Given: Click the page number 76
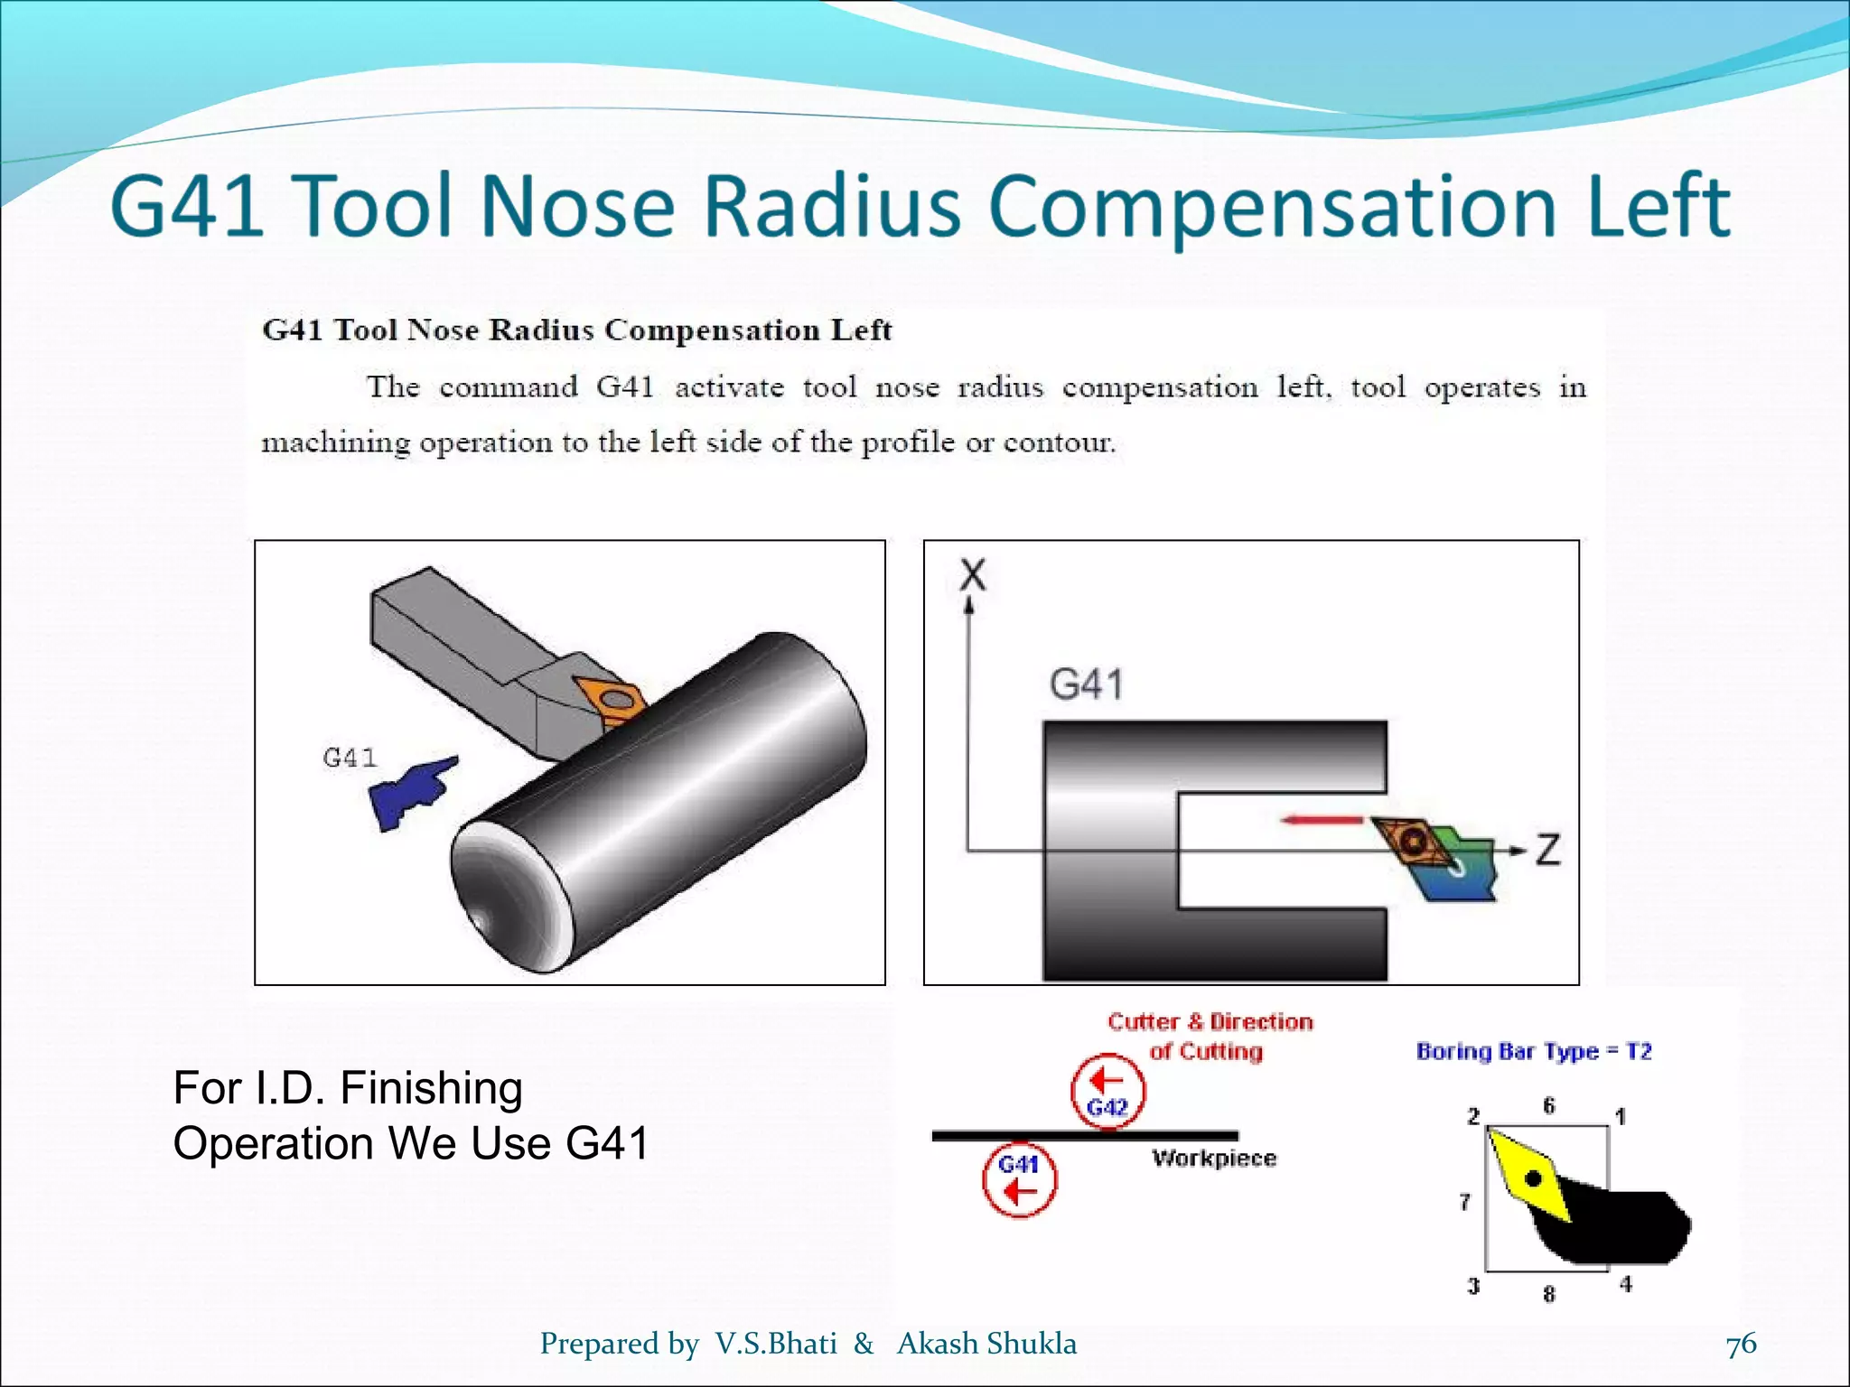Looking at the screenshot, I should [1741, 1344].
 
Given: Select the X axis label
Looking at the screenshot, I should [973, 575].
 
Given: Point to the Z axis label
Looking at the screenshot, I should [1547, 851].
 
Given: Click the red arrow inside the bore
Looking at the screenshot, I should [1322, 820].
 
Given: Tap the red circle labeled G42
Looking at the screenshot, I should [1107, 1091].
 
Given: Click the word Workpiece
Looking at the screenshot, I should [1214, 1159].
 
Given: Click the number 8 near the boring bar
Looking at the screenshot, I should [1549, 1294].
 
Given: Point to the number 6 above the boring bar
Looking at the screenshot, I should [1549, 1106].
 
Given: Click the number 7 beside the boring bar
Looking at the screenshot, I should [1465, 1202].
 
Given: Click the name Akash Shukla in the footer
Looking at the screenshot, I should [986, 1344].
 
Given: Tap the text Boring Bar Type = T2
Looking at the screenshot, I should [1534, 1052].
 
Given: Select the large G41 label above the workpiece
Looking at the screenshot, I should [1087, 684].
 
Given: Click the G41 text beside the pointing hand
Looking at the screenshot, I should [350, 758].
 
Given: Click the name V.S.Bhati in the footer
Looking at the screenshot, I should [776, 1344].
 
